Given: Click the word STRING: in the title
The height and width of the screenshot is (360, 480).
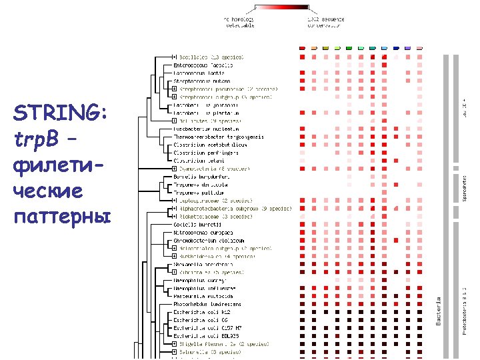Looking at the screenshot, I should click(59, 115).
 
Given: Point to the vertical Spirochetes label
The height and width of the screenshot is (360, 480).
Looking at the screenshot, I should click(465, 190).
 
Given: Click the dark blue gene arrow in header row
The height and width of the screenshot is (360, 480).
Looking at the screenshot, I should click(396, 48).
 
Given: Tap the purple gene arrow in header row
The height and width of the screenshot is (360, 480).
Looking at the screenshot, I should click(408, 48).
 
